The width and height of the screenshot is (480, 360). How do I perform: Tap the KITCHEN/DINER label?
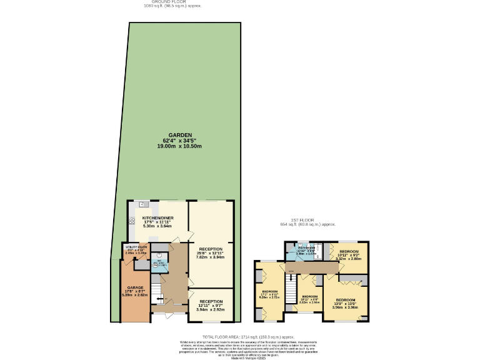157,218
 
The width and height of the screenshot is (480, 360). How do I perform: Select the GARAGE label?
136,287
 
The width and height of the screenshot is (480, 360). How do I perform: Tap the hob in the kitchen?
132,220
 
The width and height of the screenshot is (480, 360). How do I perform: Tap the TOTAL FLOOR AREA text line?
240,337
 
